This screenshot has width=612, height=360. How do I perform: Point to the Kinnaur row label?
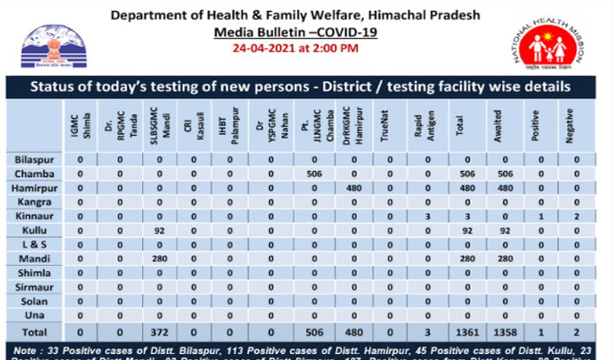click(x=35, y=216)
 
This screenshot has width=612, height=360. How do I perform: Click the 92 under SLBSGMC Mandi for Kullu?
click(x=157, y=230)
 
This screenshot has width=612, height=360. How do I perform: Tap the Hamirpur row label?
click(x=36, y=187)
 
